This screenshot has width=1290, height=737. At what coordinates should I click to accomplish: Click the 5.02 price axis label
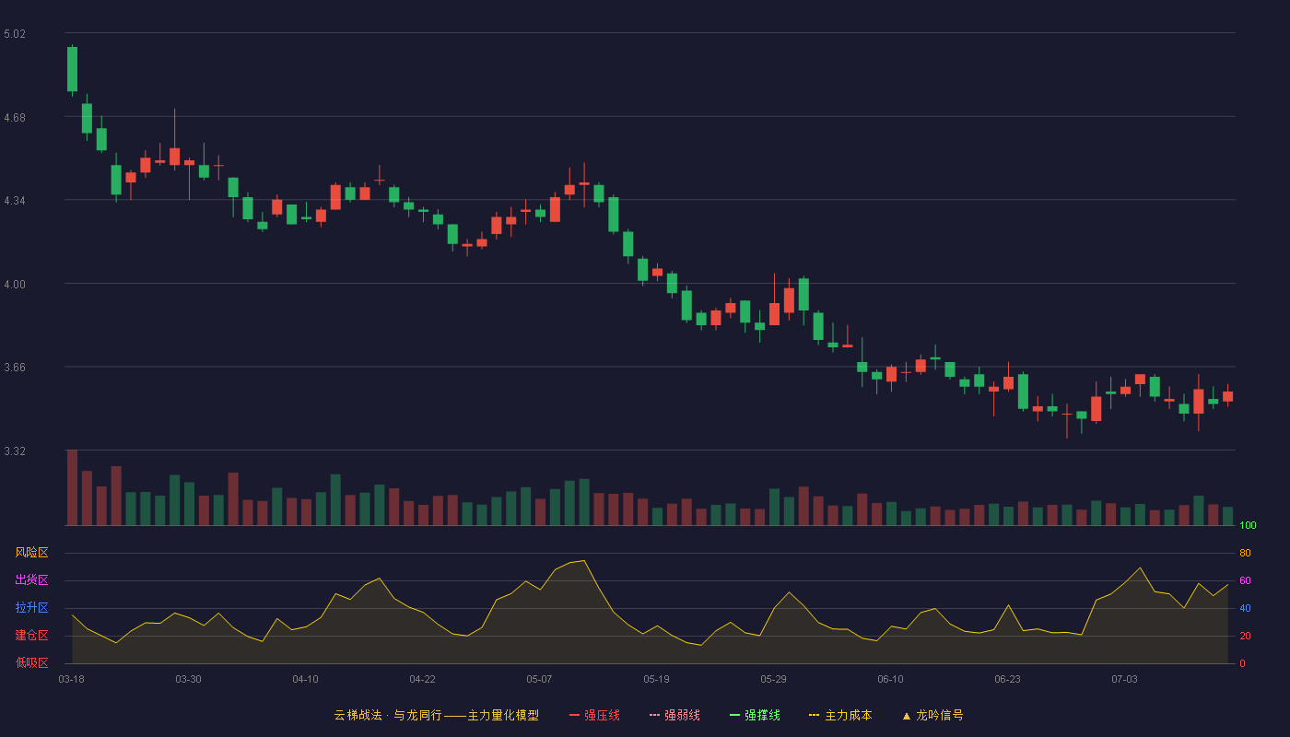click(x=15, y=34)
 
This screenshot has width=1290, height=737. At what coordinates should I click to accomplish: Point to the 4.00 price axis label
click(x=15, y=285)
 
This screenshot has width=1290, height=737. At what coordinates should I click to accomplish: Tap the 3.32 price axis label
click(x=15, y=451)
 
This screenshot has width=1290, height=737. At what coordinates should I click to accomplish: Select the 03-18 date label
click(x=72, y=680)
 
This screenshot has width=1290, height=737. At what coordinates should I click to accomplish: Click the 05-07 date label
click(x=539, y=680)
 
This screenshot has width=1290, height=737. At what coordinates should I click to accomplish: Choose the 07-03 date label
click(x=1124, y=680)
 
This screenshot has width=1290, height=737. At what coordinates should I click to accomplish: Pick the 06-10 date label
click(x=890, y=680)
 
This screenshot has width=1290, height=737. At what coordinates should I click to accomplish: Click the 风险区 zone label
click(x=31, y=553)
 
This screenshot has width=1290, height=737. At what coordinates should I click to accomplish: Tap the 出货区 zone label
click(x=31, y=579)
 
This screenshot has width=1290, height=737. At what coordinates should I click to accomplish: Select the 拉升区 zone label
click(x=31, y=607)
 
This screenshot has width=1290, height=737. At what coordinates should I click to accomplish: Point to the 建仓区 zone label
click(x=31, y=635)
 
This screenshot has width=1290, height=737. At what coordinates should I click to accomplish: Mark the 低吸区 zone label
click(x=31, y=662)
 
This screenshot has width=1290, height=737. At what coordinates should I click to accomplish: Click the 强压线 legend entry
click(x=594, y=715)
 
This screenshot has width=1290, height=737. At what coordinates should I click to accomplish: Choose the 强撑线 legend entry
click(x=755, y=715)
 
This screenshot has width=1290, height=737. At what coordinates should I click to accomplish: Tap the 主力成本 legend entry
click(x=840, y=715)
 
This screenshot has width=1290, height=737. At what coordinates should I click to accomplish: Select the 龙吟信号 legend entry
click(x=932, y=715)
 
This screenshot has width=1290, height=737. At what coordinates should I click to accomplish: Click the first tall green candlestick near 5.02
click(x=72, y=69)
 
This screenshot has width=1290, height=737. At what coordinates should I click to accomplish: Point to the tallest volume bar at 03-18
click(x=72, y=487)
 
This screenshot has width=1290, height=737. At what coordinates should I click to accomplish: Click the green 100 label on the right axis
click(x=1248, y=525)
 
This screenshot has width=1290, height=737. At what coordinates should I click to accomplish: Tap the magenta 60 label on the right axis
click(x=1245, y=580)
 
